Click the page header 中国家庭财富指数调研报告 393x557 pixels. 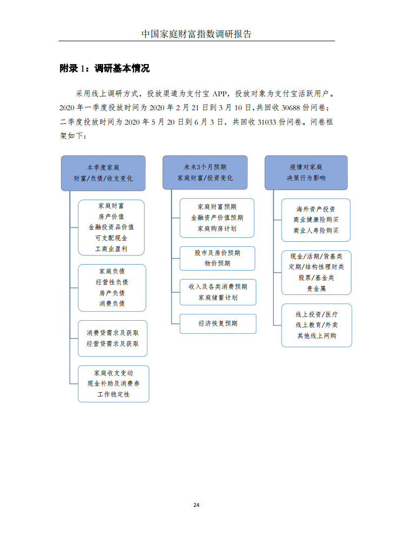[x=196, y=34]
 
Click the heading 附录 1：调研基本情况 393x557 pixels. [x=105, y=68]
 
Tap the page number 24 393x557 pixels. [x=196, y=505]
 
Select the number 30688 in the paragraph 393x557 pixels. [x=290, y=108]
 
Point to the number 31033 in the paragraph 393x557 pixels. [x=267, y=122]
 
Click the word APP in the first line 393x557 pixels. [x=220, y=94]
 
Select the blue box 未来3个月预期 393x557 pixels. [x=205, y=172]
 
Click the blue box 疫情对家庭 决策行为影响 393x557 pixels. [x=306, y=173]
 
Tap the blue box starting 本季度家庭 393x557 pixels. [x=103, y=173]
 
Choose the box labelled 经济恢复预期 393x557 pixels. [x=218, y=324]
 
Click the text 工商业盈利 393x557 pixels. [x=111, y=249]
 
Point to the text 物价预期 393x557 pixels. [x=218, y=263]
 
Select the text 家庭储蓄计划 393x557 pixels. [x=218, y=298]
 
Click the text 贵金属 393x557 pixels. [x=316, y=288]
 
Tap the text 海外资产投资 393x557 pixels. [x=316, y=209]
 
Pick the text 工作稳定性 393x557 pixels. [x=113, y=394]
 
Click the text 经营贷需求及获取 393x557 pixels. [x=112, y=344]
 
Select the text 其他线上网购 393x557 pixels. [x=317, y=336]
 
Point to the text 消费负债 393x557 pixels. [x=112, y=303]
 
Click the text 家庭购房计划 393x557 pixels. [x=217, y=228]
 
